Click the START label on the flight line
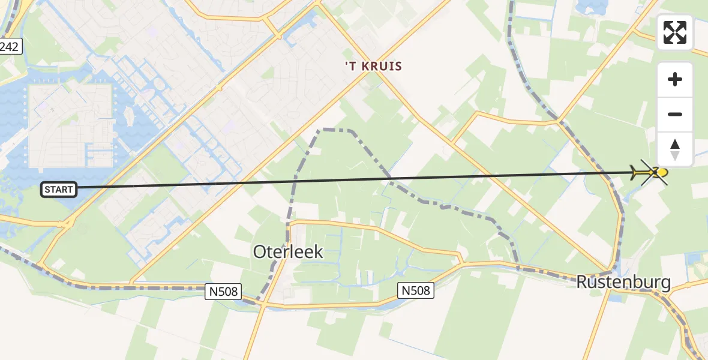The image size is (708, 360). click(x=58, y=190)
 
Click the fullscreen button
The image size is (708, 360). click(x=675, y=32)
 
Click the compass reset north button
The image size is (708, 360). click(x=675, y=149)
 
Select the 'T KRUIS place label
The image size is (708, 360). click(x=373, y=66)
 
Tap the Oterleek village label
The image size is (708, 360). click(x=288, y=252)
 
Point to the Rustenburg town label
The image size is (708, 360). click(x=623, y=282)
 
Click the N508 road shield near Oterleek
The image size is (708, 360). click(x=224, y=292)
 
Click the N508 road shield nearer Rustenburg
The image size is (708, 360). click(x=416, y=290)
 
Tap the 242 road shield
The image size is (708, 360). click(x=10, y=47)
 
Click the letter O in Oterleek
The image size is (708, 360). click(x=260, y=252)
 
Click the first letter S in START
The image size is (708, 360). click(x=47, y=190)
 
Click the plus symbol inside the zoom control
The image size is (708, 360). click(x=675, y=79)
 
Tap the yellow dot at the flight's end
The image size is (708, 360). click(x=662, y=173)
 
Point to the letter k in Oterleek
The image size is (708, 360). click(x=318, y=252)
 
